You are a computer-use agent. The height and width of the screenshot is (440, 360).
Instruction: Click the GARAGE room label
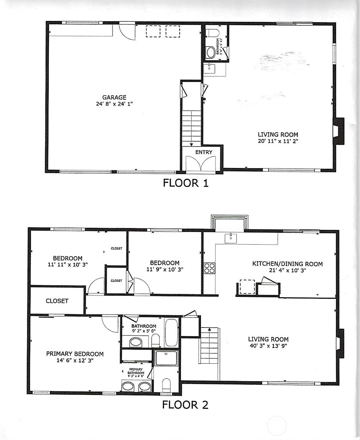(114, 97)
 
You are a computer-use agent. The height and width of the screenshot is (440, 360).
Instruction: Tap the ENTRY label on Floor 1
(204, 152)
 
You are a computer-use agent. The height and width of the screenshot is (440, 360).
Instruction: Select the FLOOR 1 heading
(186, 183)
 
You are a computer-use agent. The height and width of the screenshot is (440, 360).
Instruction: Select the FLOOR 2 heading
(185, 405)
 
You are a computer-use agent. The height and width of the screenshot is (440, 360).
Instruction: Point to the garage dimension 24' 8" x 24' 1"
(114, 104)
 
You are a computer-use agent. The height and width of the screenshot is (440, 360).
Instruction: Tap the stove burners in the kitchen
(209, 268)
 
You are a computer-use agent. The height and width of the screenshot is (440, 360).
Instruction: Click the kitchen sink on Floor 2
(231, 238)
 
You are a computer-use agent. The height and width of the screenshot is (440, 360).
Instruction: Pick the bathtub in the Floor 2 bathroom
(171, 333)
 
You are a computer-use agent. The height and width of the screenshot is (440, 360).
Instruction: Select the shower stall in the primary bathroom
(166, 358)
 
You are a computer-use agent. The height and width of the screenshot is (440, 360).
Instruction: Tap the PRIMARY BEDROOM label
(75, 354)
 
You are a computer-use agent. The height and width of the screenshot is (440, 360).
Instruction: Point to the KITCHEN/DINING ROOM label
(287, 264)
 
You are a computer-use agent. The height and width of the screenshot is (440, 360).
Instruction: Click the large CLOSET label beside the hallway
(57, 301)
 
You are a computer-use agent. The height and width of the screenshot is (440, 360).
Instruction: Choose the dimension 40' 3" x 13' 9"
(268, 346)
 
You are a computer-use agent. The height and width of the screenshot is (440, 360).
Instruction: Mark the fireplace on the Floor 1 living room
(338, 131)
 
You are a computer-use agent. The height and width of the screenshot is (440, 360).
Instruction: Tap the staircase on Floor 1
(191, 128)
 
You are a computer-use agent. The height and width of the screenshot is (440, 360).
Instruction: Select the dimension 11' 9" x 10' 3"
(165, 269)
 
